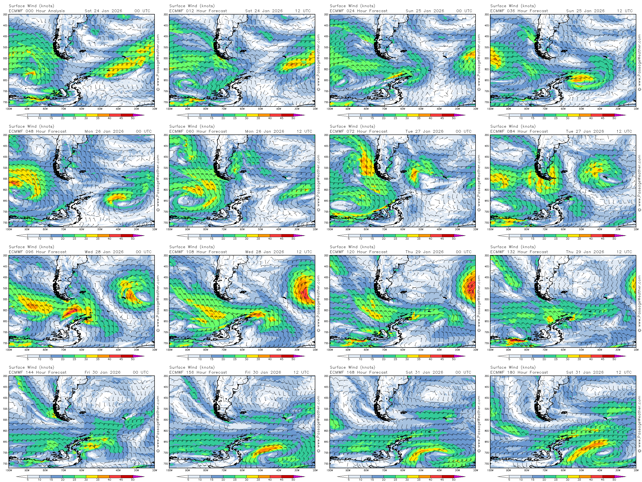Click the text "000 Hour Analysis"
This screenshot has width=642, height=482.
point(45,11)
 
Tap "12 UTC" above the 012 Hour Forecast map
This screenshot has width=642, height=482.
point(303,11)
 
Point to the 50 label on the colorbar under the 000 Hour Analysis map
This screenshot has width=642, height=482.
point(133,118)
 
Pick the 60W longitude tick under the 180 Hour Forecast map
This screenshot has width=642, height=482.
point(563,470)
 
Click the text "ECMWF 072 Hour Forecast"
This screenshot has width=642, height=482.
point(358,131)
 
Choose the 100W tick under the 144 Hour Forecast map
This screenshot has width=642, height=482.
point(9,470)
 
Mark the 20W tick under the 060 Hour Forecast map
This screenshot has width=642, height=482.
point(315,229)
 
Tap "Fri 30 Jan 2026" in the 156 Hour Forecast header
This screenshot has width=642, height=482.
point(263,372)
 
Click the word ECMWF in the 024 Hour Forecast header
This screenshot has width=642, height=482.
point(336,11)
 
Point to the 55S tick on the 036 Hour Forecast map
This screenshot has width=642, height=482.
point(487,58)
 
